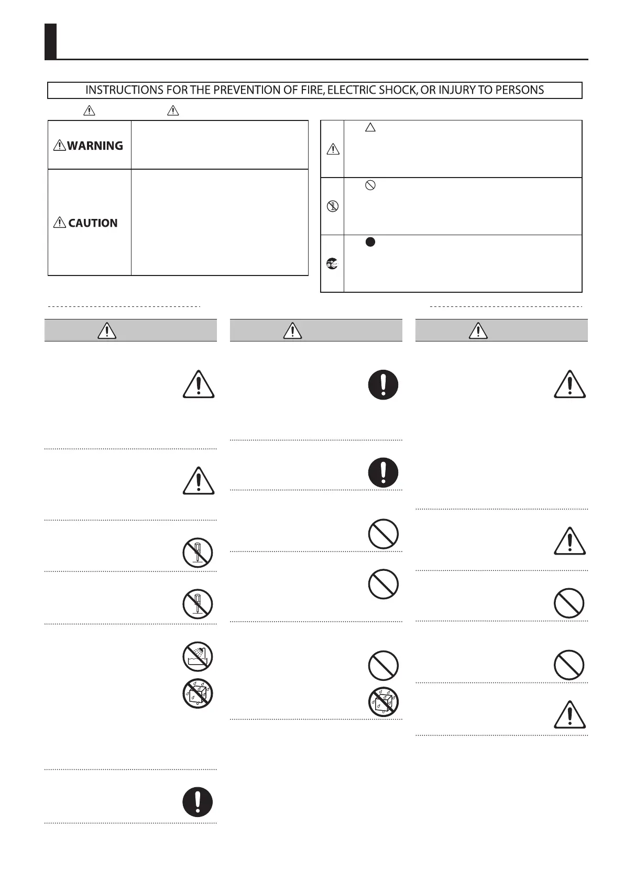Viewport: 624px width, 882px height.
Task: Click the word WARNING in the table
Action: tap(95, 146)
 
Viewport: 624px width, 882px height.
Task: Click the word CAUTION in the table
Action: tap(93, 223)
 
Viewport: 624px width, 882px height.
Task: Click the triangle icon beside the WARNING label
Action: tap(59, 146)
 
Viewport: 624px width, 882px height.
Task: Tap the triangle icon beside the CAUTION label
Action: tap(60, 223)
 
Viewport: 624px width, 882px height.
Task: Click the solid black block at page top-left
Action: tap(50, 41)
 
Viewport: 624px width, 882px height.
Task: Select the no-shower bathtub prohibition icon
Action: tap(198, 656)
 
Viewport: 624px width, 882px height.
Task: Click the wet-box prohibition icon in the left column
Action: tap(198, 694)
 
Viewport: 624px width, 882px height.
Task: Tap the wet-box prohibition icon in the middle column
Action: tap(383, 702)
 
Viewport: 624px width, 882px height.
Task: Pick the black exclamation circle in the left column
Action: tap(198, 802)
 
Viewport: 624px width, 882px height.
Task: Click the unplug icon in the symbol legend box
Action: tap(332, 263)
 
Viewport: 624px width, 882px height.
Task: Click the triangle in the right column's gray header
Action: tap(478, 330)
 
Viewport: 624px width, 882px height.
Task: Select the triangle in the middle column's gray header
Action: tap(292, 330)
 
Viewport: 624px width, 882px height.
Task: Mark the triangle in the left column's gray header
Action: tap(106, 330)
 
